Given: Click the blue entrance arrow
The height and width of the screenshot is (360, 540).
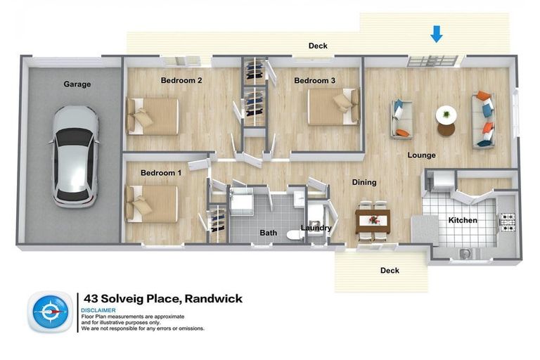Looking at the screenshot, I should pyautogui.click(x=437, y=33).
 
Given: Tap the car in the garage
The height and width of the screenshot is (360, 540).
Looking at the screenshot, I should pyautogui.click(x=72, y=156).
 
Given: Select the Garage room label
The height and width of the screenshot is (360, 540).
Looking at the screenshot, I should pyautogui.click(x=77, y=84).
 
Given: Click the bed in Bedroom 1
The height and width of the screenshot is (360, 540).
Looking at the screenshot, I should pyautogui.click(x=151, y=203).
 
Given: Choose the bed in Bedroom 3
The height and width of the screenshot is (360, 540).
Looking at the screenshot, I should pyautogui.click(x=334, y=106).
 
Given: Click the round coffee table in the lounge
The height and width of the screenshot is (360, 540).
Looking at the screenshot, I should pyautogui.click(x=446, y=120).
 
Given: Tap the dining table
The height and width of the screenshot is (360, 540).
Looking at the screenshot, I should pyautogui.click(x=372, y=221).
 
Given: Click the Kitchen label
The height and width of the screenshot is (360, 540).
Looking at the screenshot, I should pyautogui.click(x=463, y=220).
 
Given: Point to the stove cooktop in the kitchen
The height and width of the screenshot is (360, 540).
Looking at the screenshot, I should pyautogui.click(x=508, y=221).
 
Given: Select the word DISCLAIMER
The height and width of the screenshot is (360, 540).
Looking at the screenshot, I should pyautogui.click(x=98, y=310).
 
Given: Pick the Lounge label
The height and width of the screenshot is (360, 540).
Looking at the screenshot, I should pyautogui.click(x=421, y=155).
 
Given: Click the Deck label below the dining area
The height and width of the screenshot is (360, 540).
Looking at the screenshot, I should pyautogui.click(x=390, y=271).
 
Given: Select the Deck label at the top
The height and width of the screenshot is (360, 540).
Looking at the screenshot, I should pyautogui.click(x=318, y=46).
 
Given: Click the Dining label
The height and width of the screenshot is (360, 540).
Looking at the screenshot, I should pyautogui.click(x=364, y=182).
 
